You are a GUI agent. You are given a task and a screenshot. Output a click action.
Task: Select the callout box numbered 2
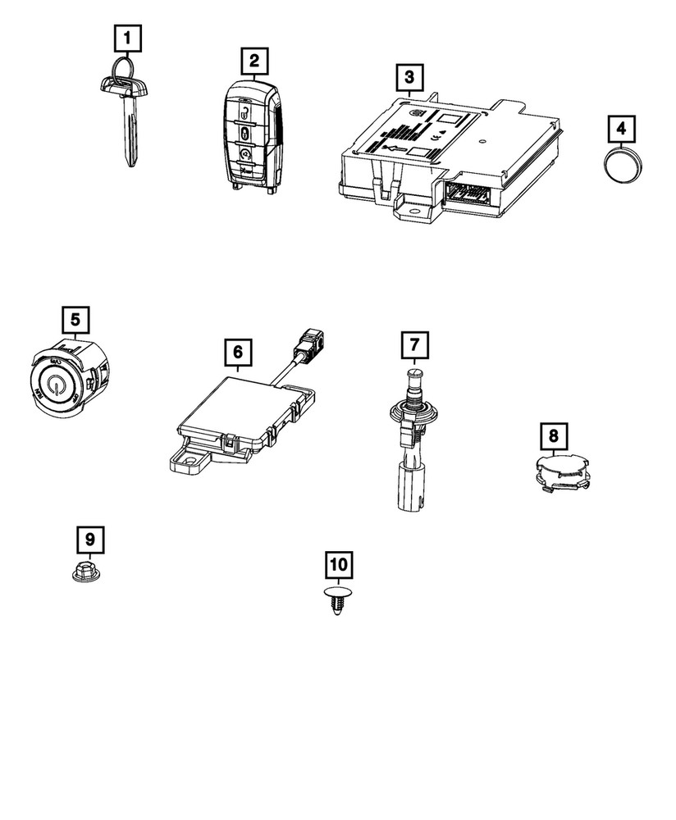point(253,60)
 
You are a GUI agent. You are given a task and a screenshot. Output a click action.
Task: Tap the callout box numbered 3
point(409,79)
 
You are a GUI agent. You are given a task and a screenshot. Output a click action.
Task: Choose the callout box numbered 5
point(75,319)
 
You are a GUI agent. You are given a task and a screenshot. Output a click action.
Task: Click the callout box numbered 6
point(237,352)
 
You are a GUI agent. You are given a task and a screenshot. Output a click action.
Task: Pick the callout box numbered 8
point(553,435)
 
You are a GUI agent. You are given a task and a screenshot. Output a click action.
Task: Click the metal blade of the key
point(131,131)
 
